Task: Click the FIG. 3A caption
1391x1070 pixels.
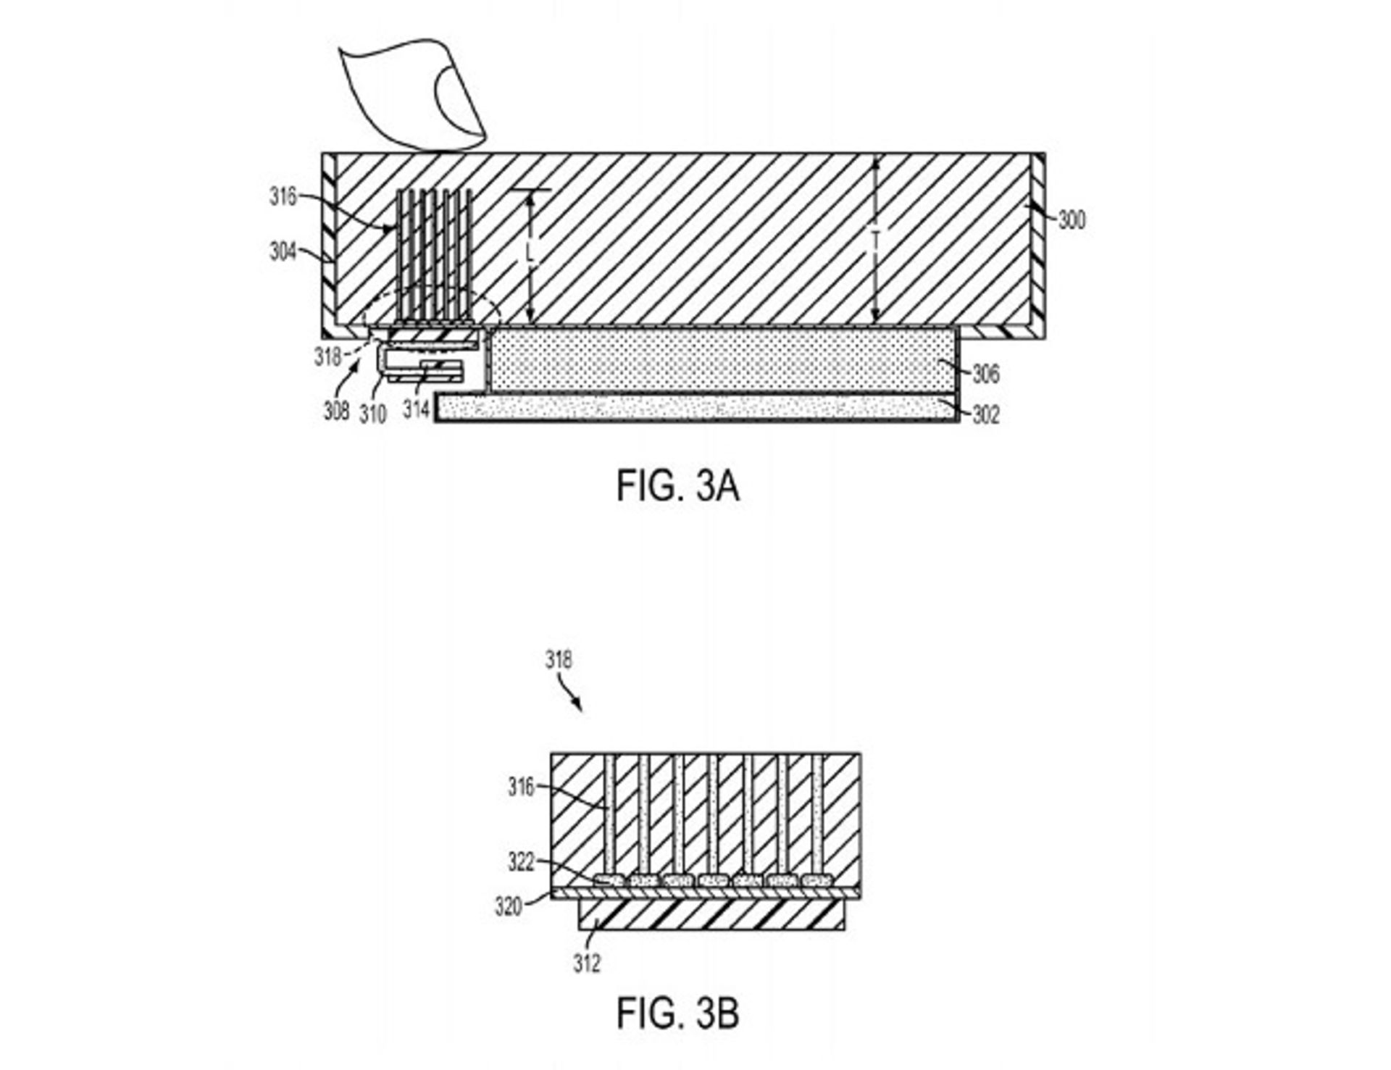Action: [x=677, y=485]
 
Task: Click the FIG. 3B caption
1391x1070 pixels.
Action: [x=677, y=1013]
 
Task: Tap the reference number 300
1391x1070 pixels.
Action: [x=1072, y=220]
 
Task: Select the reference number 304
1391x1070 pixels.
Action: [x=283, y=251]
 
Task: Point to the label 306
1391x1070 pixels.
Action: [x=986, y=374]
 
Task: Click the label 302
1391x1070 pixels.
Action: [x=986, y=414]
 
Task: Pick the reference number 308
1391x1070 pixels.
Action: [x=336, y=411]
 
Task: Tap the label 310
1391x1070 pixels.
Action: [x=373, y=414]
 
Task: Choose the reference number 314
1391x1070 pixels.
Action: [x=417, y=409]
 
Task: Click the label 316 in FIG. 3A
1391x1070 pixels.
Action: [x=283, y=196]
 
